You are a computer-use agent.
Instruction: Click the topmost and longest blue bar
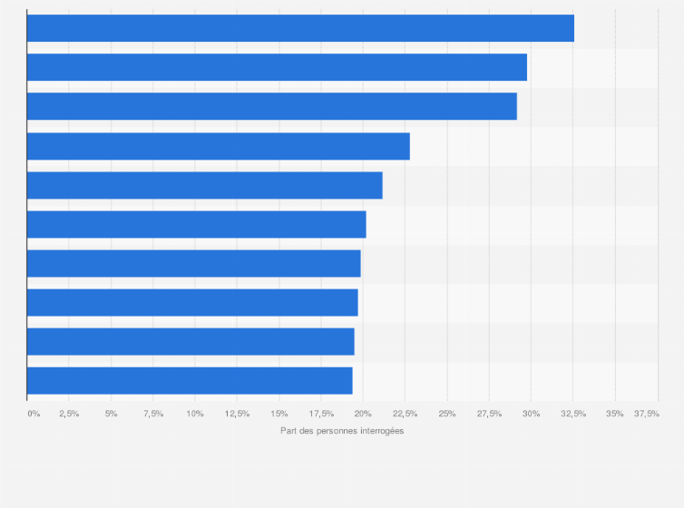(300, 28)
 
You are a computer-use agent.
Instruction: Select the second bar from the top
(277, 67)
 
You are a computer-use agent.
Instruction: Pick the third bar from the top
(272, 106)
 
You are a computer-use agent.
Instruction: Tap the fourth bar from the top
(219, 146)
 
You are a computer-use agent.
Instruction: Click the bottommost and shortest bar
(190, 381)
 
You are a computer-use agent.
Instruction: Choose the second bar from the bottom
(191, 341)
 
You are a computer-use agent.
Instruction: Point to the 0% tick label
(34, 414)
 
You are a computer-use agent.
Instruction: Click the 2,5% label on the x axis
(69, 414)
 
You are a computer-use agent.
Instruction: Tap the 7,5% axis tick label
(152, 414)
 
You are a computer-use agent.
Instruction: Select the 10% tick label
(195, 414)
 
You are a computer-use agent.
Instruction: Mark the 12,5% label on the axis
(237, 414)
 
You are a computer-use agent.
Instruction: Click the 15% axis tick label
(279, 414)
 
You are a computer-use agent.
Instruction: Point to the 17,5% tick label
(321, 414)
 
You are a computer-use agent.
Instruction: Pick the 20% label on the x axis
(363, 414)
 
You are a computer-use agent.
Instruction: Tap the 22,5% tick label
(405, 414)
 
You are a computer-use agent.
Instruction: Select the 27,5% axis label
(489, 414)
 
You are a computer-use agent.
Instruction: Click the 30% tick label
(531, 414)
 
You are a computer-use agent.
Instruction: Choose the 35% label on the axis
(615, 414)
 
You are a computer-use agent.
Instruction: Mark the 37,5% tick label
(647, 414)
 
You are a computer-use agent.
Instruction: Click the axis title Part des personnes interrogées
(342, 431)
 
